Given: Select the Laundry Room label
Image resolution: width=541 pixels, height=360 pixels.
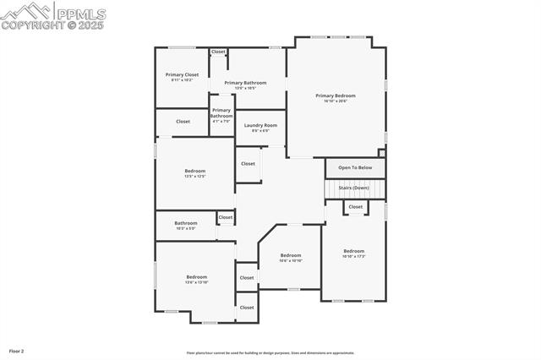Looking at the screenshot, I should (x=260, y=128).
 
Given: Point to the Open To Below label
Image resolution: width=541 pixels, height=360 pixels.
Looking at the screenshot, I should (x=355, y=168).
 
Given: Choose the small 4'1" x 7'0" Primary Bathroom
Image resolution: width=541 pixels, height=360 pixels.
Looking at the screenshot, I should (x=221, y=113).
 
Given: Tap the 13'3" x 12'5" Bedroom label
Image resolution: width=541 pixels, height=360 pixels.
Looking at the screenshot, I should (x=195, y=173).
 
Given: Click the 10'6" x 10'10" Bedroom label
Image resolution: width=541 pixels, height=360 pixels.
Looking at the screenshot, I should (x=291, y=258).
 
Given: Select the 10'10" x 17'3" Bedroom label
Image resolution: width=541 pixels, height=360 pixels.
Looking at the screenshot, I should (x=353, y=253).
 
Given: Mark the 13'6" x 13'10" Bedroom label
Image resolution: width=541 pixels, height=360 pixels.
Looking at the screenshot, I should (x=196, y=279).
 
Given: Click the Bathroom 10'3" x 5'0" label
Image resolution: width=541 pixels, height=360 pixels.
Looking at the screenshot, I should (x=186, y=226).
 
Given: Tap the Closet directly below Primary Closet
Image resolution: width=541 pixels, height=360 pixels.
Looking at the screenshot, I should (x=183, y=122).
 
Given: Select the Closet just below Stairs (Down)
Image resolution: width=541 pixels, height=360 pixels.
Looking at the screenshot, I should (x=356, y=206).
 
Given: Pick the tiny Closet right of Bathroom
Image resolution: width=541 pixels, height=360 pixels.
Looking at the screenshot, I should (x=226, y=217).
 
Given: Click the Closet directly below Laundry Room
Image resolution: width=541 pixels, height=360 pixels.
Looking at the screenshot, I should (x=248, y=164).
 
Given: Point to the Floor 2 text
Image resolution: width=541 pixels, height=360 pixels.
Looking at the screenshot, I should (x=17, y=351).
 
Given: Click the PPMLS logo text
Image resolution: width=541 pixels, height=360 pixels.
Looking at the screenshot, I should (x=80, y=13).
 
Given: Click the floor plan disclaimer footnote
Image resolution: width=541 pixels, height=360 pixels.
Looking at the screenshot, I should (x=270, y=353).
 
